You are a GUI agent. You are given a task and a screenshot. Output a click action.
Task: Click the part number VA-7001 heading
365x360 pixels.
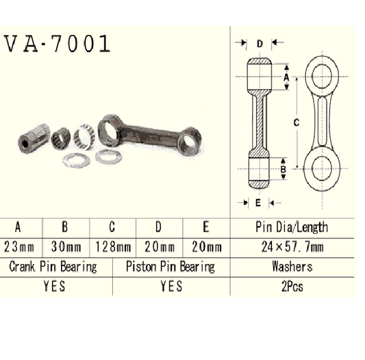(x=58, y=45)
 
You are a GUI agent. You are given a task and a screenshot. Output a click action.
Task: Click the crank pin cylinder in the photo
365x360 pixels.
(x=34, y=139)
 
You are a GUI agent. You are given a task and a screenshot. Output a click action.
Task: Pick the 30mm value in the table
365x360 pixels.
(x=67, y=247)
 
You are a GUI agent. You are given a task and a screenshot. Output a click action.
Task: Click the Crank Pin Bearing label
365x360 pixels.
(x=53, y=267)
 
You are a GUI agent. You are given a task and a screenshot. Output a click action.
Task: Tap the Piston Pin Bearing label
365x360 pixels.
(x=171, y=267)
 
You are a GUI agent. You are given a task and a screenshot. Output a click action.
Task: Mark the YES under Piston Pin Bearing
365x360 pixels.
(x=171, y=287)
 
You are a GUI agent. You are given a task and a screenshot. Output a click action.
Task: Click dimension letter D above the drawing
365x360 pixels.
(x=260, y=44)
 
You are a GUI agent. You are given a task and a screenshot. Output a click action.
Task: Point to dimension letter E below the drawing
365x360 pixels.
(x=258, y=203)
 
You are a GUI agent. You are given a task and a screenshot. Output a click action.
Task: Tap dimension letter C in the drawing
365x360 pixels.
(x=295, y=123)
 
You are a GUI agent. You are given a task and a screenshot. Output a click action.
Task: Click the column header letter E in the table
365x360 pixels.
(x=206, y=227)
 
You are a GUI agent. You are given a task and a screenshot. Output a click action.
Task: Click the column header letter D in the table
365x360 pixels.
(x=160, y=227)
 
